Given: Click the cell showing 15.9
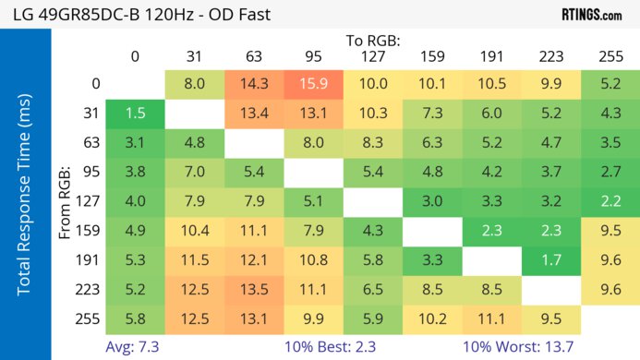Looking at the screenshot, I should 312,84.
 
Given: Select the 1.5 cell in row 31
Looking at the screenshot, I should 135,114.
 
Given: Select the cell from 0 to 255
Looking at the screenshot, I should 610,84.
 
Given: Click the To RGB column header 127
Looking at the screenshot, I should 372,56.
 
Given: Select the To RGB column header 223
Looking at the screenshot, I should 551,56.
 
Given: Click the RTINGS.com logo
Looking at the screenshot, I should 591,14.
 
